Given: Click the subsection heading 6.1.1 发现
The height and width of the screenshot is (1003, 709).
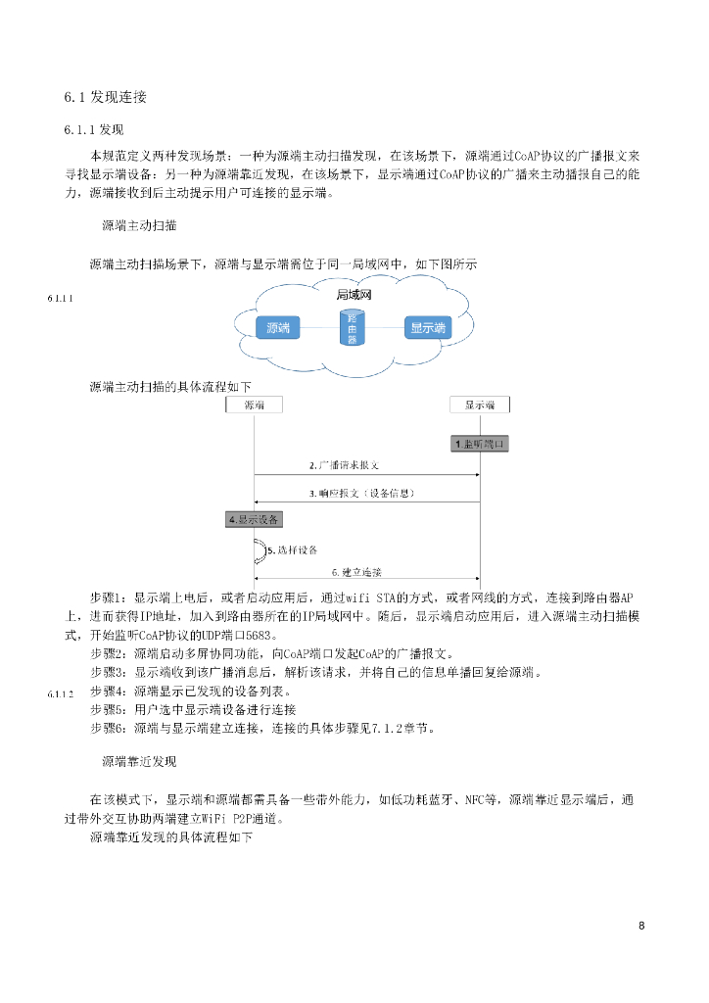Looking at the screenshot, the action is (94, 129).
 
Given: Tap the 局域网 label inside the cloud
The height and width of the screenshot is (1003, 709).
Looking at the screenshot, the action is (354, 294).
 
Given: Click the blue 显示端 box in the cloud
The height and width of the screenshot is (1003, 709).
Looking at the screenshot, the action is (427, 328).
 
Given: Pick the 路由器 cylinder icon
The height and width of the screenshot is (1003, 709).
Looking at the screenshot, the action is (353, 329).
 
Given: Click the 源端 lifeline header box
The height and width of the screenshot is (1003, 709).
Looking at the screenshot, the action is (254, 405).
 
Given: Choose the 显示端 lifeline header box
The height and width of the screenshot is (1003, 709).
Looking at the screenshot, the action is (479, 405).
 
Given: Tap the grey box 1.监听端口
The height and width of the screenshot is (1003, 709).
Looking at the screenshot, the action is (480, 444).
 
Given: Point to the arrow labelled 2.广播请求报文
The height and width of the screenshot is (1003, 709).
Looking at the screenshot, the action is (366, 475).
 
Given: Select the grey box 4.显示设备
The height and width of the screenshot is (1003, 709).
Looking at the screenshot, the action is (254, 519).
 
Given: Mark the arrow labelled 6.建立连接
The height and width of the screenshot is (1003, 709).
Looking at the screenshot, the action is (366, 579).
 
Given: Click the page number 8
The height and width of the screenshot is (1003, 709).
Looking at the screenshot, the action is (641, 927).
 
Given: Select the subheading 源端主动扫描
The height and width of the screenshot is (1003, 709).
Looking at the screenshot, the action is (139, 225).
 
